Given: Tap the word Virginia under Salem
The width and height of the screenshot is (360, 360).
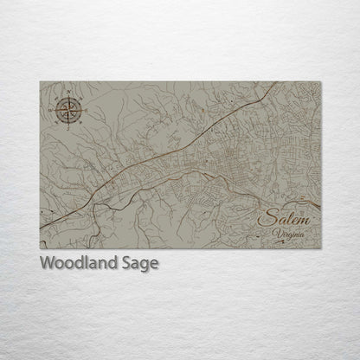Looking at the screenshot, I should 287,232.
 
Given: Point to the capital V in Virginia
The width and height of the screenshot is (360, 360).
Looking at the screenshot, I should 274,232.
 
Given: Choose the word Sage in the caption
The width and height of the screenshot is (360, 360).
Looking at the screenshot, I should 138,264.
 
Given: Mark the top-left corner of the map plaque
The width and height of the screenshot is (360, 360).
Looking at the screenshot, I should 41,82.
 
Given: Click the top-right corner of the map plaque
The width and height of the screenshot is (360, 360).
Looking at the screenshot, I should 320,82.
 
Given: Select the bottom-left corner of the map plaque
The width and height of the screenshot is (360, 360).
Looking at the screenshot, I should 41,248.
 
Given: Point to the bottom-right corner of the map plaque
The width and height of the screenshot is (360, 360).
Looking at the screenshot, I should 320,248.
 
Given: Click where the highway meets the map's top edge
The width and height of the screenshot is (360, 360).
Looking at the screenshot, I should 277,83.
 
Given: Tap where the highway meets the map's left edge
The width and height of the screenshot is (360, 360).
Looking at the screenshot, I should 41,228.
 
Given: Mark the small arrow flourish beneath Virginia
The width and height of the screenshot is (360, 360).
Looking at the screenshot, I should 289,241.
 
